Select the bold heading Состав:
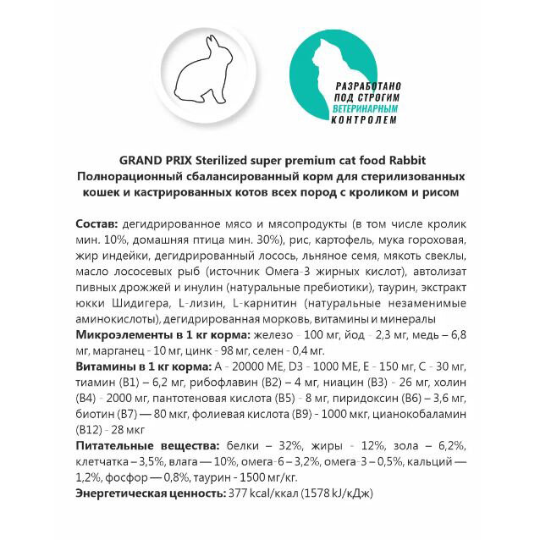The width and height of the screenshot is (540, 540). [96, 223]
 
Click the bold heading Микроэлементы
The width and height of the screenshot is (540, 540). [118, 336]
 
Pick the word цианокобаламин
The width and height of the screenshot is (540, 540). [417, 415]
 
